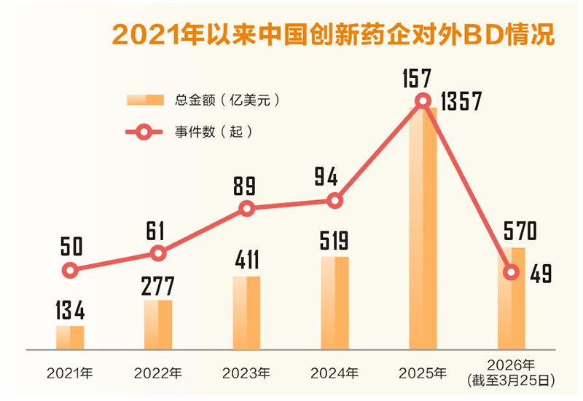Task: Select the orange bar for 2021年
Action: point(70,337)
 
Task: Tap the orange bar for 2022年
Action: point(158,324)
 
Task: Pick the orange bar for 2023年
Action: point(246,313)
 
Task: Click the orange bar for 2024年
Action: point(334,303)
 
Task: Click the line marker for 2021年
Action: point(70,271)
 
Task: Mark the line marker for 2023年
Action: point(246,209)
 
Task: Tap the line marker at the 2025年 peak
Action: point(423,101)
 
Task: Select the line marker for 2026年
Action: point(511,272)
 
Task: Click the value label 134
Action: point(70,311)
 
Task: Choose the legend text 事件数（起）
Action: point(212,132)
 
